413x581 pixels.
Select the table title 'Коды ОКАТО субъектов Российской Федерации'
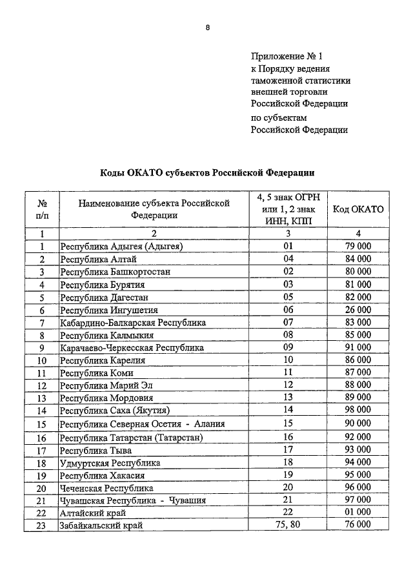[x=206, y=172]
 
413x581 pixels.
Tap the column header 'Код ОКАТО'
[x=358, y=209]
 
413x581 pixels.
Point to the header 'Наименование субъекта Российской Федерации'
[x=154, y=209]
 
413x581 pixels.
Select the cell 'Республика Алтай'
[x=97, y=259]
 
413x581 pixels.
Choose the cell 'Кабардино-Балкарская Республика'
[x=133, y=322]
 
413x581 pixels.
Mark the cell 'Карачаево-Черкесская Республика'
[x=132, y=347]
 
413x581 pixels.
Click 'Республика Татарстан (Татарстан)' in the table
[x=132, y=437]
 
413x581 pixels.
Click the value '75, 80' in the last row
[x=288, y=525]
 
